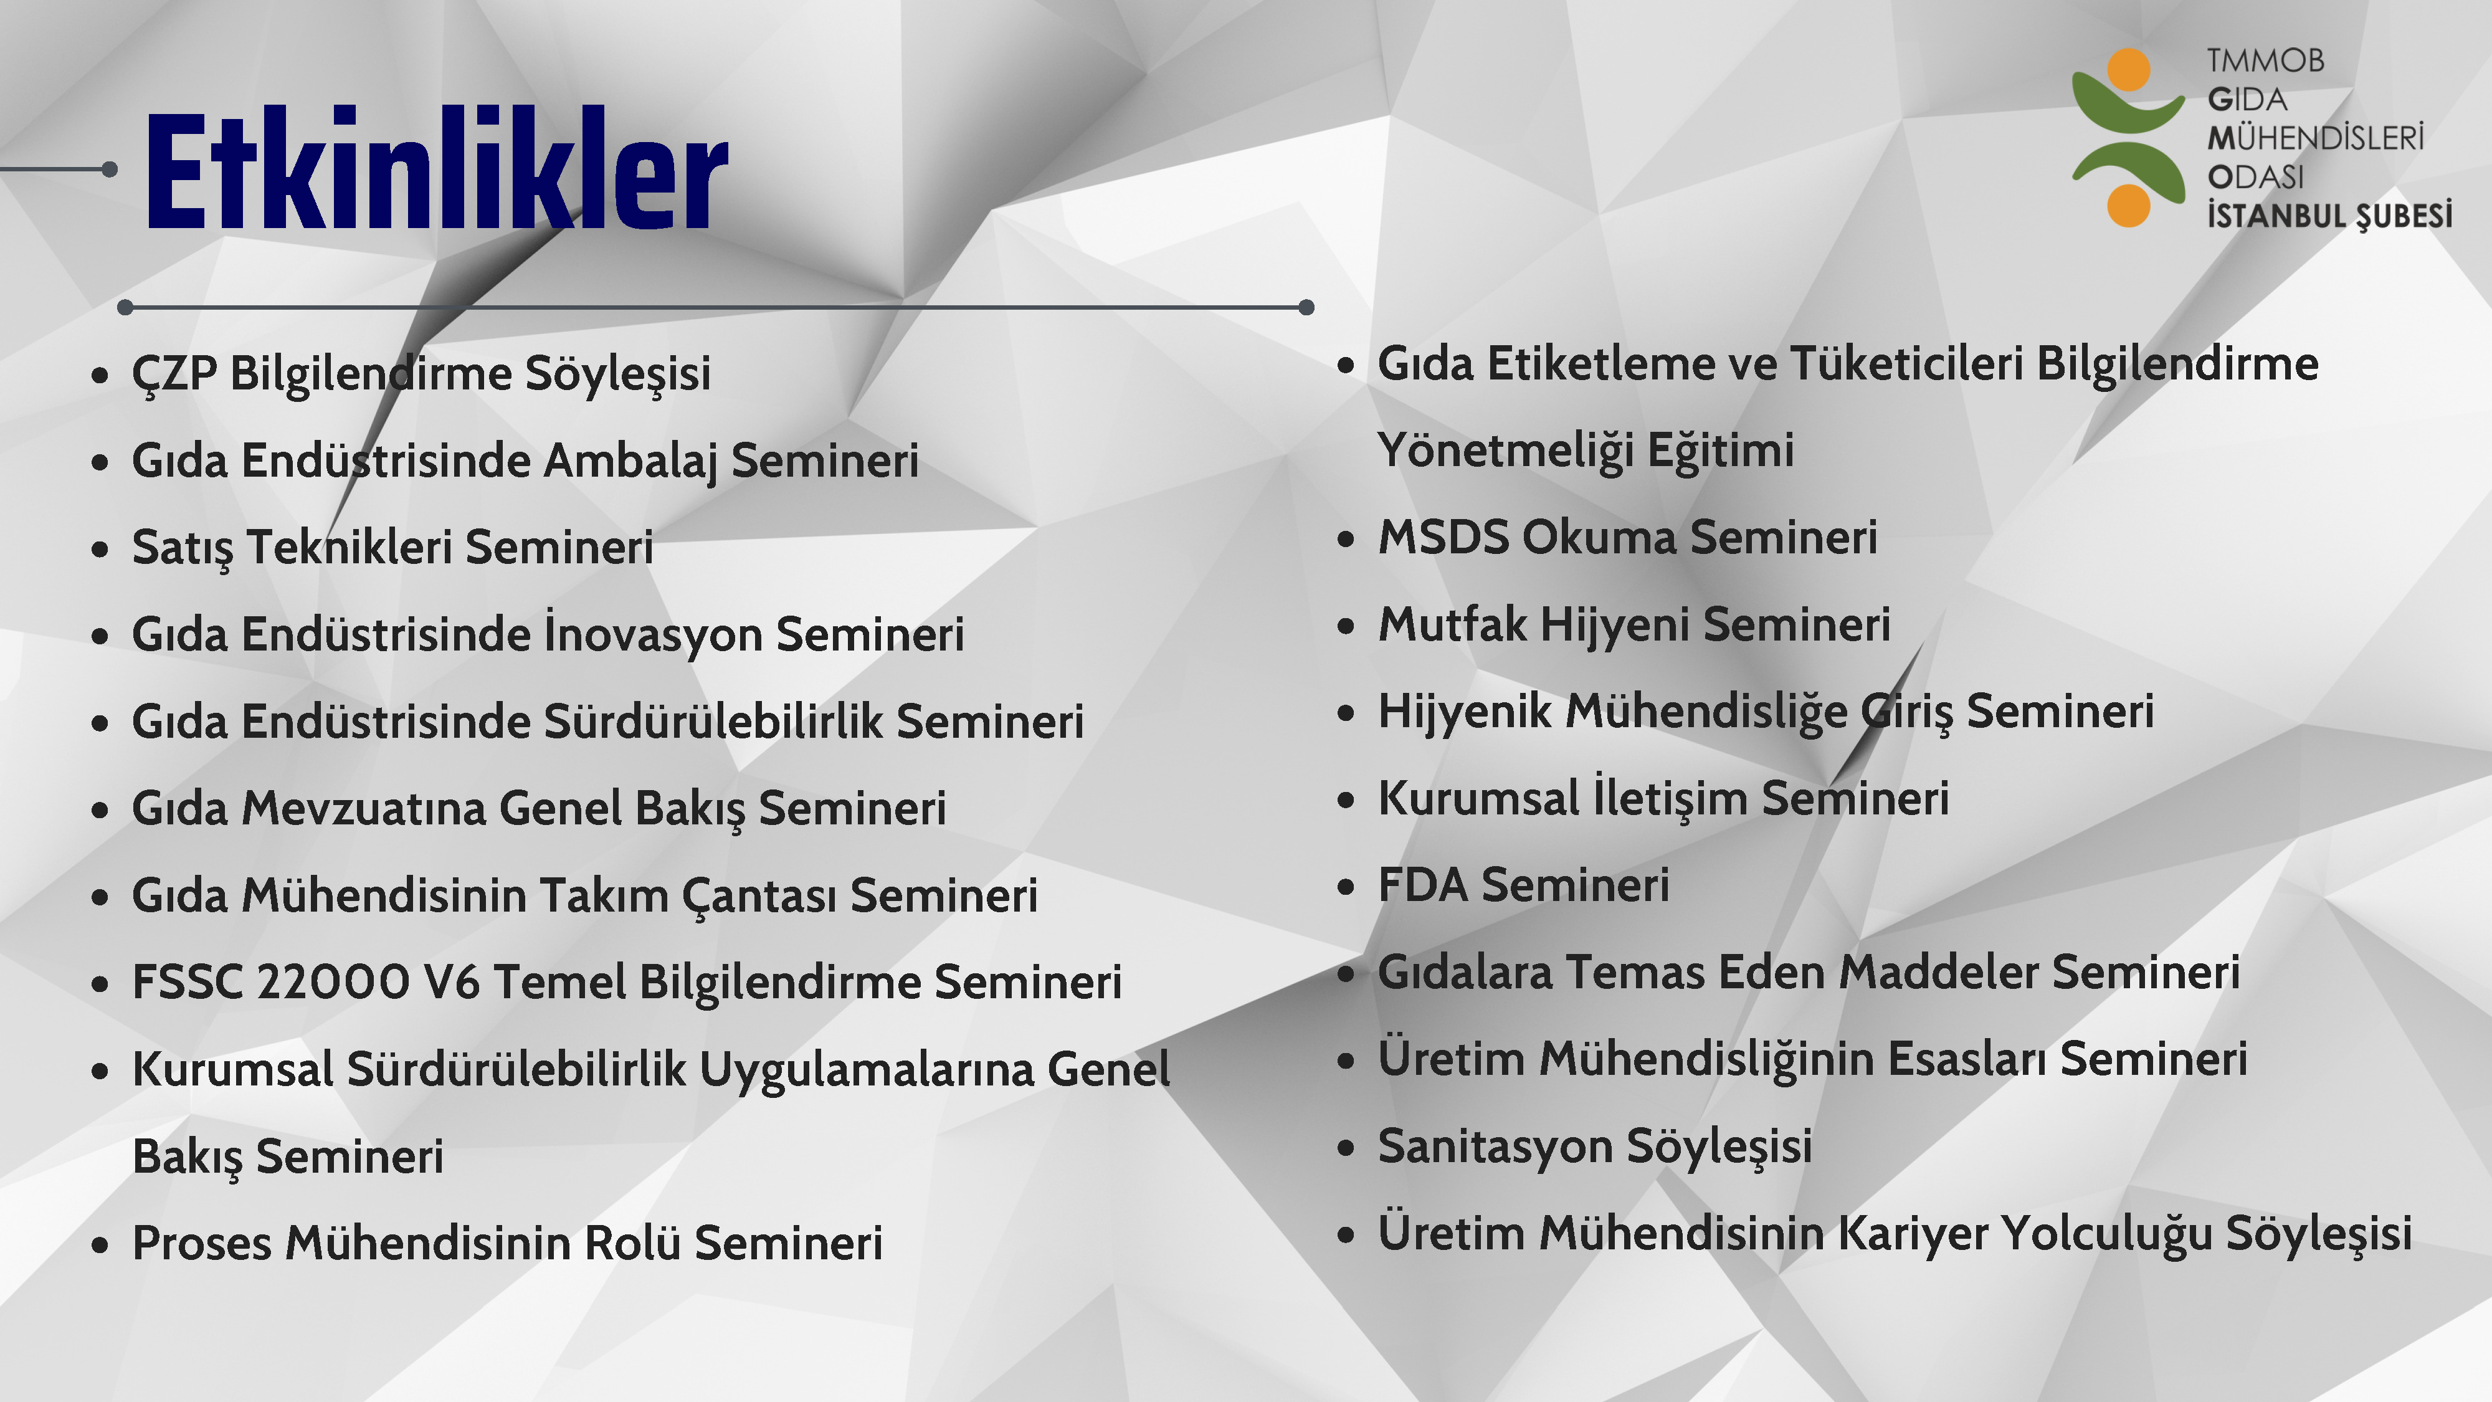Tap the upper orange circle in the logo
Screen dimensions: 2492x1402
[2128, 70]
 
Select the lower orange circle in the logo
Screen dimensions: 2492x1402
[2128, 204]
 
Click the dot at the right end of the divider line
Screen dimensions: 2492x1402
[1306, 308]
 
